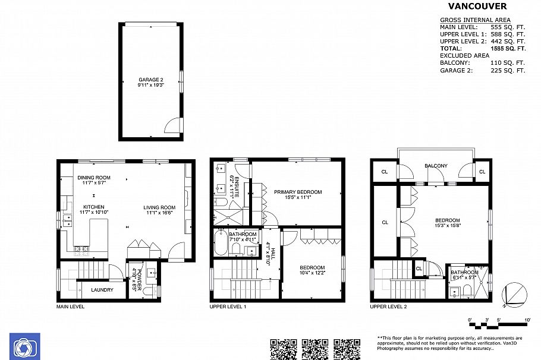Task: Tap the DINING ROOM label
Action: coord(94,177)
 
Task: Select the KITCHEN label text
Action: coord(93,207)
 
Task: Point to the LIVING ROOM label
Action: coord(159,208)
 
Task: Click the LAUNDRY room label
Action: coord(102,290)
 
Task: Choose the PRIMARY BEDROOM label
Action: coord(297,192)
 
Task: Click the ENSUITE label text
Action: coord(235,187)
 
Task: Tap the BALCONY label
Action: coord(436,166)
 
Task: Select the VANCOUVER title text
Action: coord(477,7)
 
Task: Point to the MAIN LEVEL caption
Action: coord(70,307)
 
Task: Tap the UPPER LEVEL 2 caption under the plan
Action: coord(388,307)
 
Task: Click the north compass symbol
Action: coord(514,295)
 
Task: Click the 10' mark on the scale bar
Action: coord(527,320)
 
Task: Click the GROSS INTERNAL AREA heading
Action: coord(473,20)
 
